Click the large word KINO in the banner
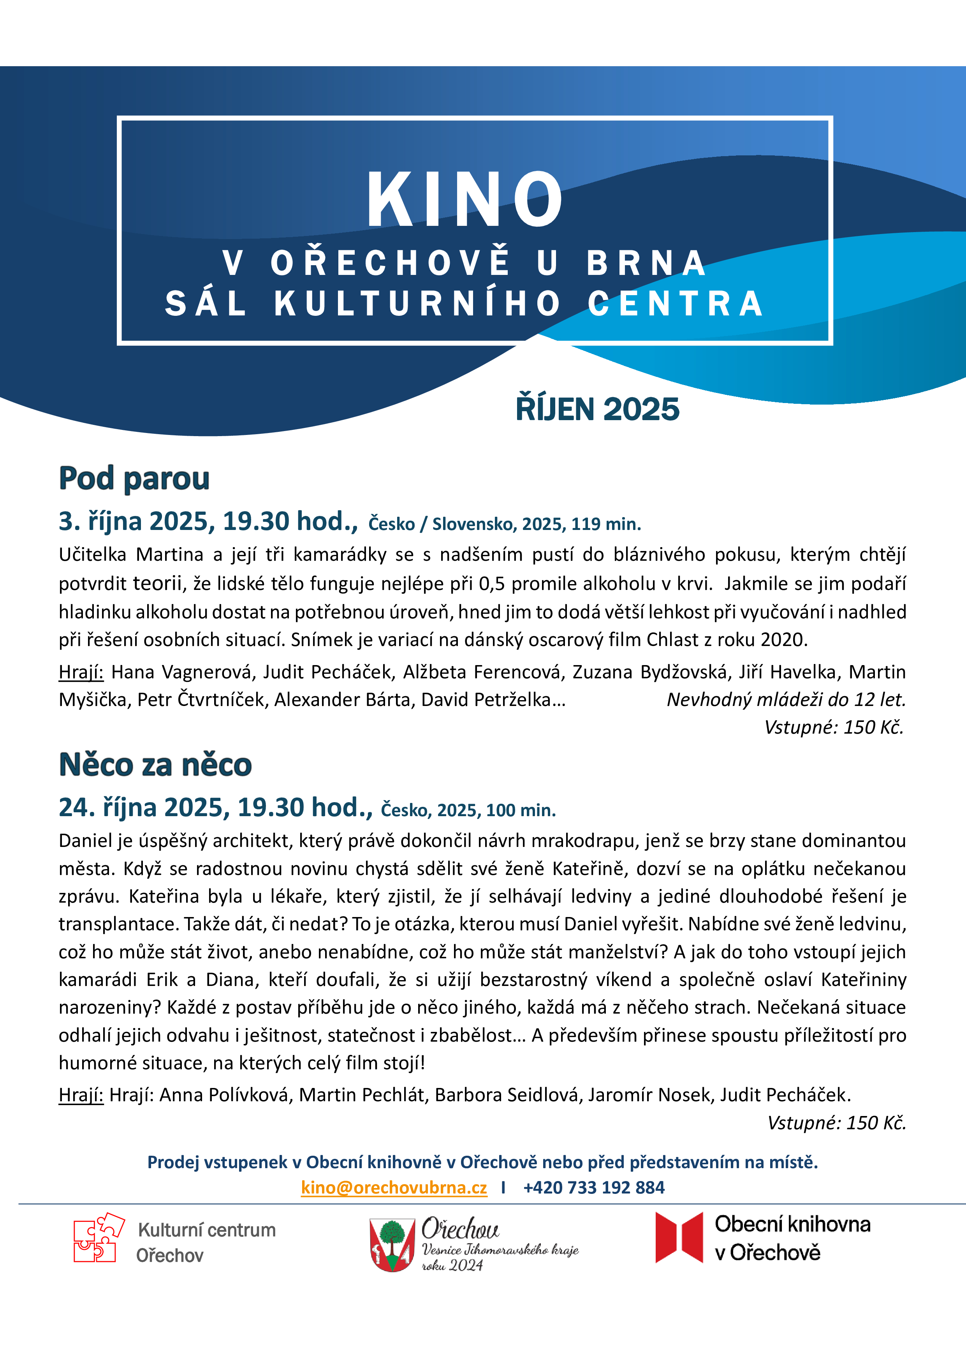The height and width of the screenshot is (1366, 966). pos(465,199)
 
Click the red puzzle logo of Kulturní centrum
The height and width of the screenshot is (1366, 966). pos(98,1237)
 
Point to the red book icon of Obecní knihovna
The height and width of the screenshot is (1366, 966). pos(679,1237)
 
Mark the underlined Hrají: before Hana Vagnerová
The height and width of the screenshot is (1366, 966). pos(81,672)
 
